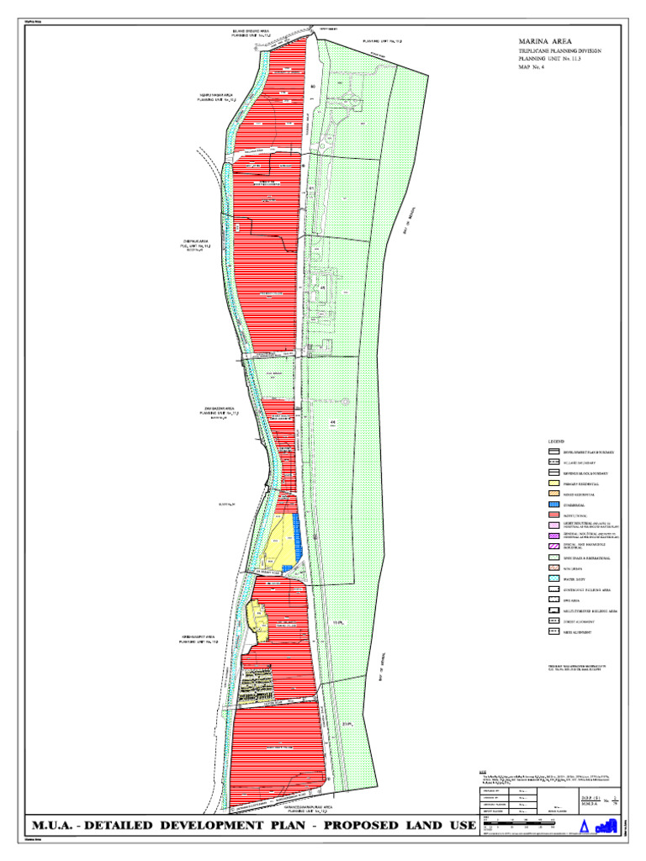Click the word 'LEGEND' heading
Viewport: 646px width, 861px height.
[557, 441]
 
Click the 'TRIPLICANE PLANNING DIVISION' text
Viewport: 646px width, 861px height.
[559, 51]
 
